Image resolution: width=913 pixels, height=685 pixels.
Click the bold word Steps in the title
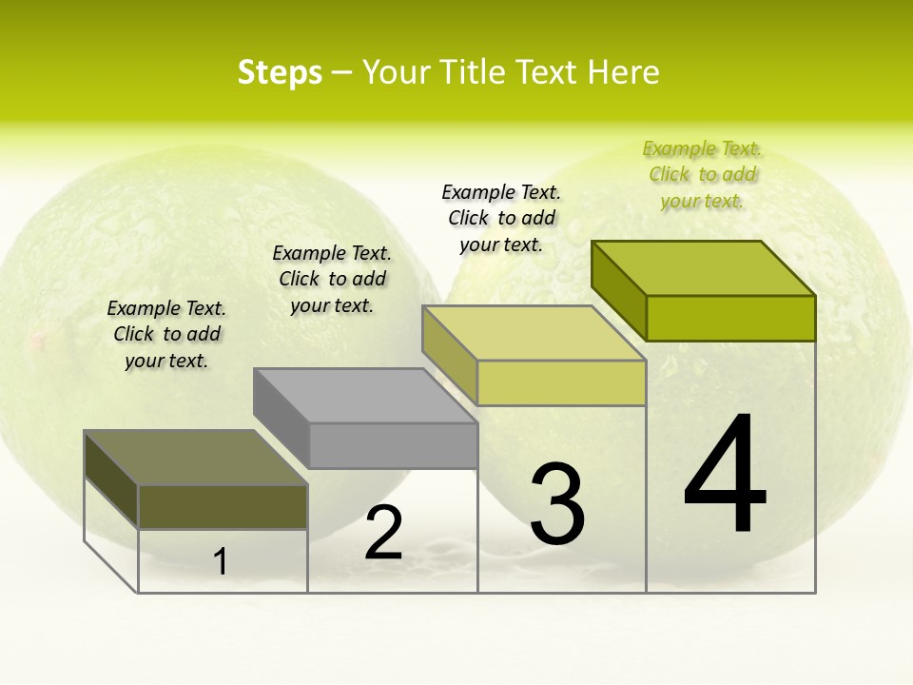coord(280,73)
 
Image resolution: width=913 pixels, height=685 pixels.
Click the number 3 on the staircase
coord(557,504)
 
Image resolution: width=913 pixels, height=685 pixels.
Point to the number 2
coord(384,533)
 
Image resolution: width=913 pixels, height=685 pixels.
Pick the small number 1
coord(221,562)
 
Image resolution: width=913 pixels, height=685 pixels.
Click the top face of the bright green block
coord(704,267)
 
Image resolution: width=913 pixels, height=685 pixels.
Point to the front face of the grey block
coord(393,445)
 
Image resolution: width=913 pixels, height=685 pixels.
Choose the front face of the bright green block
coord(730,318)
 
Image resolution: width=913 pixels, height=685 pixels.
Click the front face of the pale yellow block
coord(561,382)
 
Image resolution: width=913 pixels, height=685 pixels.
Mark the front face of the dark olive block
coord(223,506)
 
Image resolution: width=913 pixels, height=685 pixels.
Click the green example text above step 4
coord(703,175)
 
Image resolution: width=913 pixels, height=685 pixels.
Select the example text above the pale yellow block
coord(501,218)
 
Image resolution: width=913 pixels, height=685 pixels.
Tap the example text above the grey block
coord(332,279)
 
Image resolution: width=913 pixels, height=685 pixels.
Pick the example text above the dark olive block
coord(166,334)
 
